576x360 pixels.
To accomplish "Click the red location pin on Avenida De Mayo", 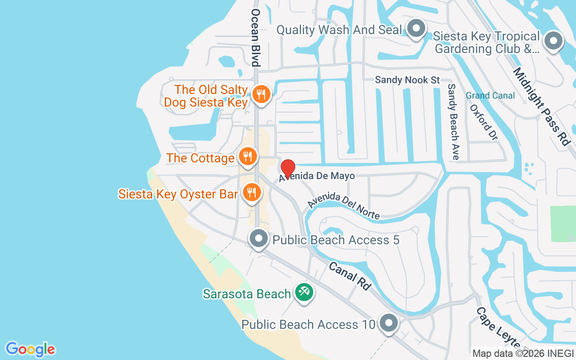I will (x=288, y=168).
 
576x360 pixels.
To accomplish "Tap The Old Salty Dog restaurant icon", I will (x=261, y=94).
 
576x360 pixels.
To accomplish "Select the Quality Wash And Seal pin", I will (x=416, y=29).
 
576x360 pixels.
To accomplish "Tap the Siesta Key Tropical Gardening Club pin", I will (x=553, y=41).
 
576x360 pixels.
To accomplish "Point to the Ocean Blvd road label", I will (x=256, y=37).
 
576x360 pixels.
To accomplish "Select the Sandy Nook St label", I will (x=407, y=80).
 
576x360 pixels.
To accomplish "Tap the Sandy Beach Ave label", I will (x=453, y=121).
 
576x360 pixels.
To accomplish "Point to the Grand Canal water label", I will (x=490, y=95).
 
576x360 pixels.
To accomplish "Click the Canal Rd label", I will (x=350, y=276).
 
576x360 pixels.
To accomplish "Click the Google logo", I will (x=31, y=349).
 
